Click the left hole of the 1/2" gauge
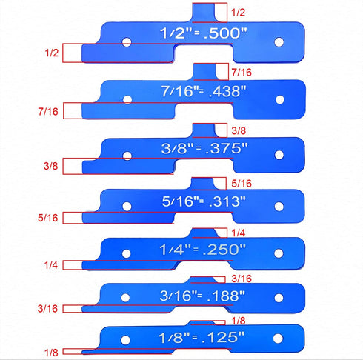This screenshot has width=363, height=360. (127, 42)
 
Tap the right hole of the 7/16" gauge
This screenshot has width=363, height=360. (280, 100)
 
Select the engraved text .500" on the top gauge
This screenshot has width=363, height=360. (225, 33)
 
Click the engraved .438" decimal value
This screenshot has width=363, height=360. (227, 91)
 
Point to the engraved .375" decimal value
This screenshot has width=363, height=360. (227, 148)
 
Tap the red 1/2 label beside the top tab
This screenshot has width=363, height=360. (238, 13)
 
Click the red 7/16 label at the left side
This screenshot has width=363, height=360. (48, 112)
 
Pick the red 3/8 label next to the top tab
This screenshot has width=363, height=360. (239, 130)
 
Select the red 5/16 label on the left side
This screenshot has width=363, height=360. (48, 218)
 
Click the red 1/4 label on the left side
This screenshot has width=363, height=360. (51, 265)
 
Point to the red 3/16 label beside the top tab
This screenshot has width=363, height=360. (242, 279)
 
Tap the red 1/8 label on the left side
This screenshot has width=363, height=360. (51, 353)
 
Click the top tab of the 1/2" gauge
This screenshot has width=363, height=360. (204, 13)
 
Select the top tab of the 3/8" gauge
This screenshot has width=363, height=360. (204, 130)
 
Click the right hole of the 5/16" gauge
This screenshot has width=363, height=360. (279, 207)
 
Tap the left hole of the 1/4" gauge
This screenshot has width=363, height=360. (126, 253)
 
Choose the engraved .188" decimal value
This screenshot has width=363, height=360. (226, 296)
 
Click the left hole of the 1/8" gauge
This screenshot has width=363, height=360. (125, 340)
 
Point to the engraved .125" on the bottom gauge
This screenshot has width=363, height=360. (223, 337)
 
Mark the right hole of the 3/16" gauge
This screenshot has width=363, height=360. (279, 298)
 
